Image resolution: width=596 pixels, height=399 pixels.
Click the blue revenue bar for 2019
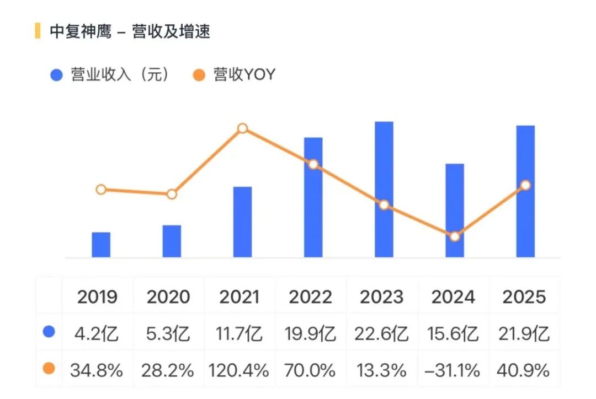click(101, 245)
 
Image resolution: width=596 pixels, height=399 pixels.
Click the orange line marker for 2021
click(242, 128)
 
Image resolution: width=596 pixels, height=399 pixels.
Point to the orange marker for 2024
click(455, 236)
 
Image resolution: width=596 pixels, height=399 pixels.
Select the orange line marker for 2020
click(172, 194)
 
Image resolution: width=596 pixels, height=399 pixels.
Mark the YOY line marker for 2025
click(525, 185)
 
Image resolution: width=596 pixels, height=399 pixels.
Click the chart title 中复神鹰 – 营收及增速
click(130, 31)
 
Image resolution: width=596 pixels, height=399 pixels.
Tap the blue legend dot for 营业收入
click(56, 75)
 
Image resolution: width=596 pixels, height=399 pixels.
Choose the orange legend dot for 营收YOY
click(199, 75)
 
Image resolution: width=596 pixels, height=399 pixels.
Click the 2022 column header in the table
click(311, 297)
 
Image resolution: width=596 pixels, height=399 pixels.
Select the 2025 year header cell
click(524, 297)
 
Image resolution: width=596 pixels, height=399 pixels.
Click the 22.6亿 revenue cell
click(382, 333)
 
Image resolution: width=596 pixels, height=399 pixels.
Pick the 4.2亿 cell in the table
click(97, 333)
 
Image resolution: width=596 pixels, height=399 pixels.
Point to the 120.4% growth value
click(239, 370)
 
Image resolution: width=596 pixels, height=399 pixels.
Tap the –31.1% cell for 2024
click(453, 370)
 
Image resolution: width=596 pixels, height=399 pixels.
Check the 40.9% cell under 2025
click(524, 370)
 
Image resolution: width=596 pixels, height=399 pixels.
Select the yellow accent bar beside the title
click(38, 31)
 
